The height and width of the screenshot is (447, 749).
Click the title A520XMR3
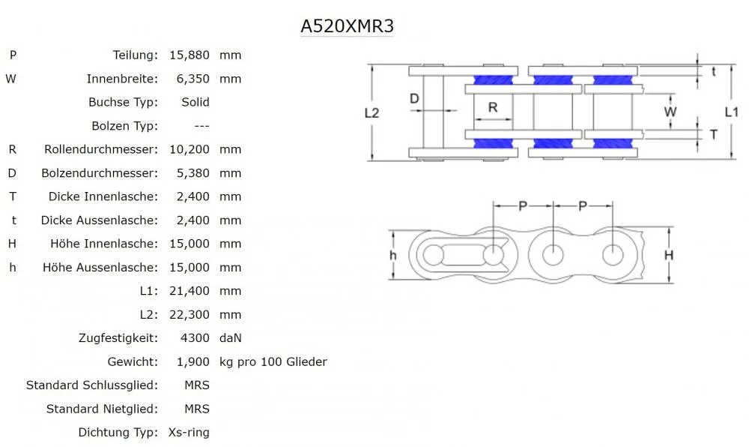[347, 26]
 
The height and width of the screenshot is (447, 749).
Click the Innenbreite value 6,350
[192, 79]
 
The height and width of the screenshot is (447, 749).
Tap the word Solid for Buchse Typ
[195, 102]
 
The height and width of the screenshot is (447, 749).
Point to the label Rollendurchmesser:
[101, 149]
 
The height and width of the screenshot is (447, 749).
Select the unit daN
[231, 338]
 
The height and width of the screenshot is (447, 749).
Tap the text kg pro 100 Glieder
[273, 361]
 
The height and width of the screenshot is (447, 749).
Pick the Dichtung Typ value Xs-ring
[188, 432]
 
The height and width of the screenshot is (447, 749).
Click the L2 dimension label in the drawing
[372, 113]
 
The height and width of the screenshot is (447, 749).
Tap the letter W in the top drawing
[670, 112]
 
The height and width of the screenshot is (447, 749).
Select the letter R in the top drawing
[493, 107]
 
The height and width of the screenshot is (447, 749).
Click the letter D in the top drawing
[413, 99]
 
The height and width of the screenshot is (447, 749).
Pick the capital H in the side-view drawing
[669, 255]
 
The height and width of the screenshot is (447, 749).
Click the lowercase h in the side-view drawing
[393, 255]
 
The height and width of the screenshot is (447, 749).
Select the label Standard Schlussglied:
[92, 385]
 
